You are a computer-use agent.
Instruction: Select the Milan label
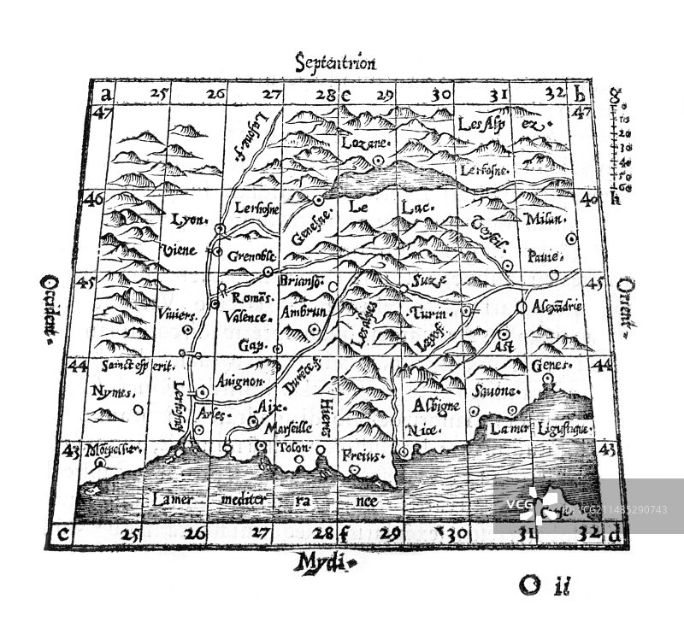pyautogui.click(x=548, y=219)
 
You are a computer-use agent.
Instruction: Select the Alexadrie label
pyautogui.click(x=557, y=305)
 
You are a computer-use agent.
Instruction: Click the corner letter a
pyautogui.click(x=103, y=93)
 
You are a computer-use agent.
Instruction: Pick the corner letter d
pyautogui.click(x=613, y=535)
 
